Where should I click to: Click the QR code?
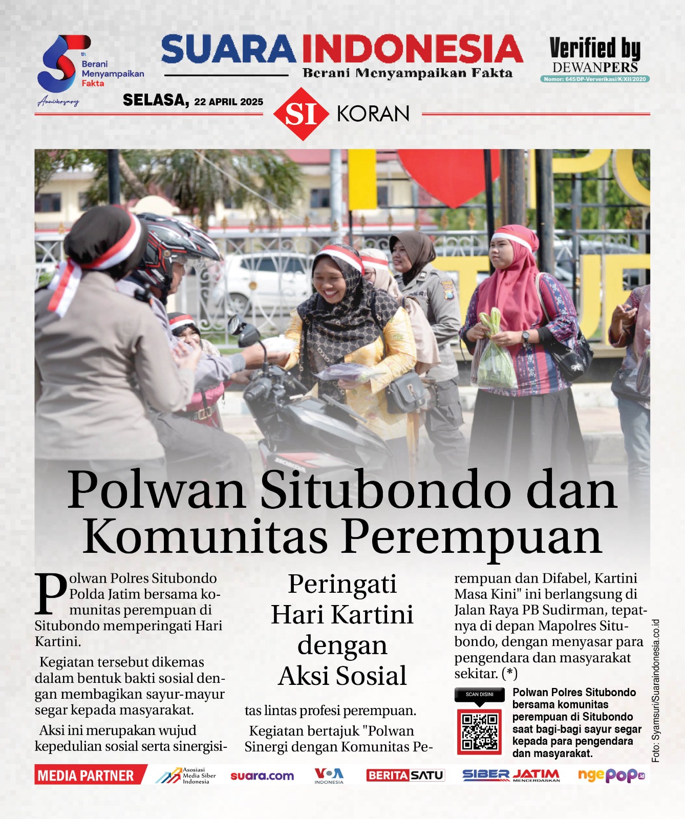tap(479, 731)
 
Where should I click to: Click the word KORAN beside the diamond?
tap(373, 114)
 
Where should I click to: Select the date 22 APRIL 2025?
tap(228, 101)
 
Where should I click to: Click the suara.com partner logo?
tap(262, 776)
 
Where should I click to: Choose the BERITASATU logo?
tap(405, 775)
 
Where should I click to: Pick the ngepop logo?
tap(611, 775)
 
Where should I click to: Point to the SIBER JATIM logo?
tap(510, 775)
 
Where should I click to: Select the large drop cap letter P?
tap(51, 594)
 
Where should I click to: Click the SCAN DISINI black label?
tap(479, 695)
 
